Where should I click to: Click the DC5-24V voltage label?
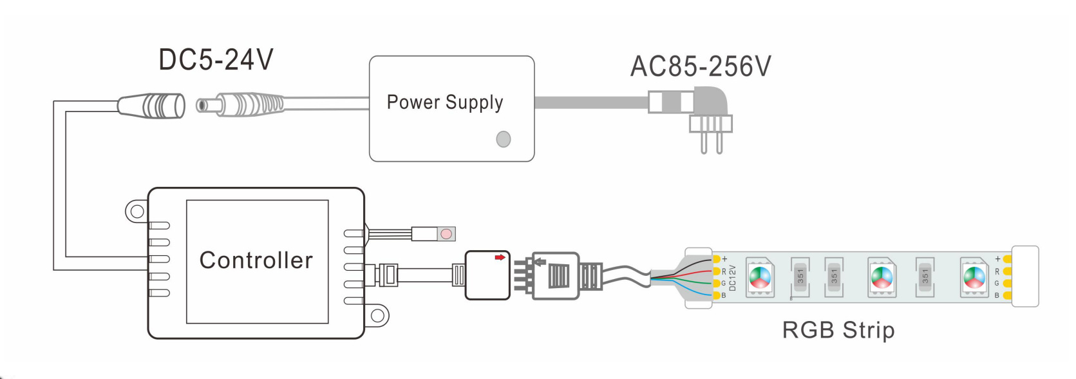point(216,60)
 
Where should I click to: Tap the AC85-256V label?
point(701,66)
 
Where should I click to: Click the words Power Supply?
point(445,102)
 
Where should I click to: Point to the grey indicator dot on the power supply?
point(504,139)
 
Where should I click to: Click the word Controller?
point(256,260)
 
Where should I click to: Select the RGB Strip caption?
point(838,330)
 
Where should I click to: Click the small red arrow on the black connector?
point(500,257)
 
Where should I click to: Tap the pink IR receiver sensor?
point(446,234)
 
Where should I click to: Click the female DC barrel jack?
point(151,106)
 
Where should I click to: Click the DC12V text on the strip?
point(732,278)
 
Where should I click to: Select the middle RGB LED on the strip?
point(882,278)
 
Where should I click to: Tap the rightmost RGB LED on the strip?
point(974,278)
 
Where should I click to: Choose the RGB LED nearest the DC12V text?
point(760,278)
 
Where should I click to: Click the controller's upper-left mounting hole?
point(137,211)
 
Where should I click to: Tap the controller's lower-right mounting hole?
point(377,316)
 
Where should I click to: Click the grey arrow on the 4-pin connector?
point(541,262)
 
